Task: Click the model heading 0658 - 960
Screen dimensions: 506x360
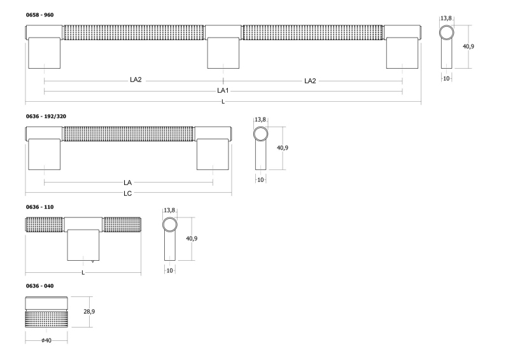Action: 39,15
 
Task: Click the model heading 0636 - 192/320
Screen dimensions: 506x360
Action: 46,116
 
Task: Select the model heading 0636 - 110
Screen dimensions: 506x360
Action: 39,207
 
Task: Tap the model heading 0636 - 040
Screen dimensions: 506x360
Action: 39,286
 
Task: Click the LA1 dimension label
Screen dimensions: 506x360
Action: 223,91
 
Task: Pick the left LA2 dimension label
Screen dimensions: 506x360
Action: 136,80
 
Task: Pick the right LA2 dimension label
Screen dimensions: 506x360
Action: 310,81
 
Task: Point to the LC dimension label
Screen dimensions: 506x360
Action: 127,193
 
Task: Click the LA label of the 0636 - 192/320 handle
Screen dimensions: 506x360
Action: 127,183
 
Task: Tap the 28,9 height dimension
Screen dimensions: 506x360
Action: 89,312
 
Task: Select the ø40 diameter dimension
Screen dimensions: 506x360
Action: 46,341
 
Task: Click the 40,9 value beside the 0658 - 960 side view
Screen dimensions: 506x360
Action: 468,46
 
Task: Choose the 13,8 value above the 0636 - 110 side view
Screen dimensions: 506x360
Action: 169,211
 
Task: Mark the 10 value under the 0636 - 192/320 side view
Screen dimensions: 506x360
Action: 260,180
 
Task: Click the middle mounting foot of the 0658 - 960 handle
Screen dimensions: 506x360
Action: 223,53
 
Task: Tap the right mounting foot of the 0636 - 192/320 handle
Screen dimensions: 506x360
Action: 213,154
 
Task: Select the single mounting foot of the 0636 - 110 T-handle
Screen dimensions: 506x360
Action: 83,245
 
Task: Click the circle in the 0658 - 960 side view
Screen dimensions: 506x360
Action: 447,33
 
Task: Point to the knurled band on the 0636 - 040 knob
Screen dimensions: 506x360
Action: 46,319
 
